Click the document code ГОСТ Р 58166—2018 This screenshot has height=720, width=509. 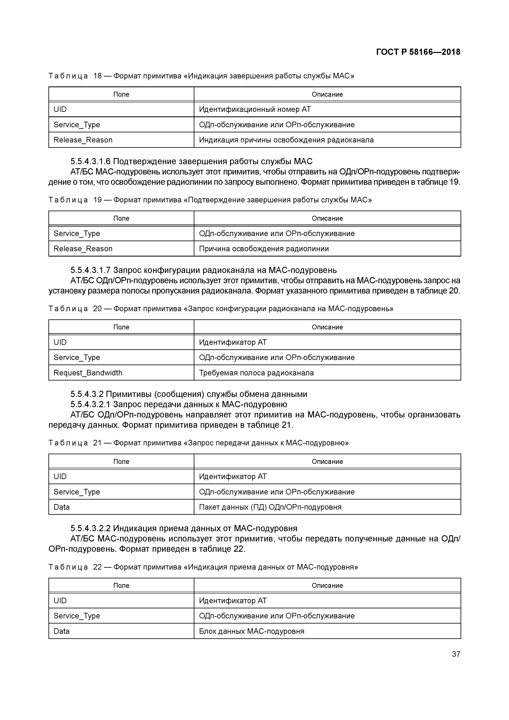click(x=418, y=52)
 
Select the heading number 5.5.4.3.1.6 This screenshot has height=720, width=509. click(x=90, y=162)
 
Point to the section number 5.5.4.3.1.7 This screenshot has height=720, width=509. click(x=90, y=270)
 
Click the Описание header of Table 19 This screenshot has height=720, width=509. click(x=327, y=218)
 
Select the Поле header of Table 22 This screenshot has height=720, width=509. click(x=121, y=586)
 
